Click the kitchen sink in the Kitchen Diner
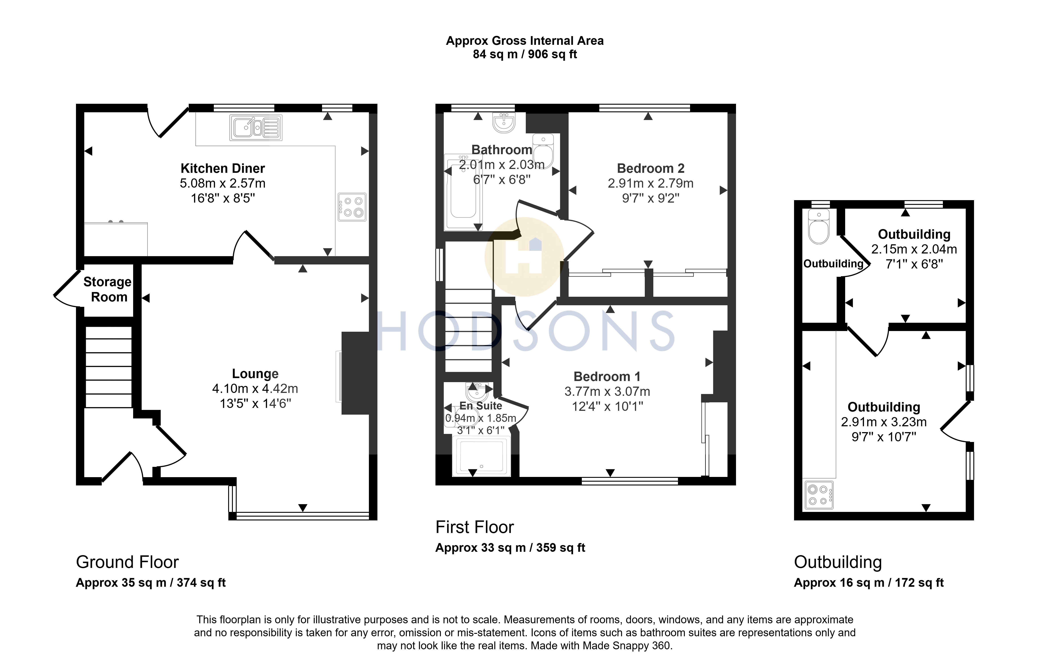(256, 128)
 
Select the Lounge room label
(255, 374)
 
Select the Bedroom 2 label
(651, 168)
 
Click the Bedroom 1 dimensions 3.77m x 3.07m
(607, 392)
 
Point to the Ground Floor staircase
(108, 367)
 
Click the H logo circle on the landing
(524, 257)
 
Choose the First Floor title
(474, 527)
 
